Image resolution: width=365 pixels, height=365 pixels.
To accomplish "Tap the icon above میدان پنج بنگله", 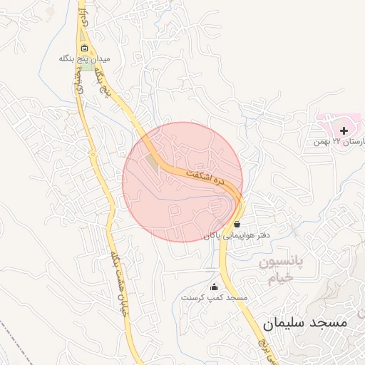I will click(x=85, y=49).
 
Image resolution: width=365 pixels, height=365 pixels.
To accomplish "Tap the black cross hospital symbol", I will click(x=344, y=130).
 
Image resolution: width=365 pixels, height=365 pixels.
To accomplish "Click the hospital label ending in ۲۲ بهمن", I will click(x=339, y=143).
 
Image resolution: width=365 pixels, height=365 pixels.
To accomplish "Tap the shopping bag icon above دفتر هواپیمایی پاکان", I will click(x=237, y=224).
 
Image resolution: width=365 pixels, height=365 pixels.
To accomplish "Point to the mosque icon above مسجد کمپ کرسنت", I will click(x=214, y=287).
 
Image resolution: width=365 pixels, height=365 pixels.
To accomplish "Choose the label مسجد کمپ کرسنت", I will click(x=214, y=297).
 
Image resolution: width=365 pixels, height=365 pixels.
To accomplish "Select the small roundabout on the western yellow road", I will click(x=92, y=153).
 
